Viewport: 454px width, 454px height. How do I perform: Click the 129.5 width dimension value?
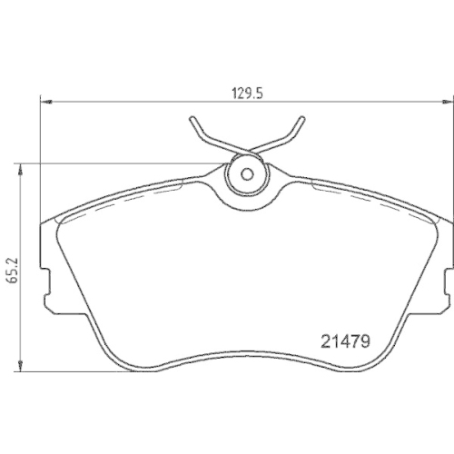tap(247, 94)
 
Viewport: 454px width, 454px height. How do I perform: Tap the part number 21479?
tap(345, 341)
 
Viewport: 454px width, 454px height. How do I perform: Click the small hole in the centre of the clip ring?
tap(247, 174)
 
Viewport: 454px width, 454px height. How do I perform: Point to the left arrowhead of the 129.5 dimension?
tap(46, 102)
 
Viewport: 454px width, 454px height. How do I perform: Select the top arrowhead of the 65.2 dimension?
tap(20, 170)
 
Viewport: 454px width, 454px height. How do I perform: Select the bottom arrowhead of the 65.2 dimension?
tap(20, 366)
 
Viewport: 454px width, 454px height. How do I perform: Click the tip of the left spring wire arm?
tap(192, 118)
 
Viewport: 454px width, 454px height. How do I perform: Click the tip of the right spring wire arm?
tap(302, 118)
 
